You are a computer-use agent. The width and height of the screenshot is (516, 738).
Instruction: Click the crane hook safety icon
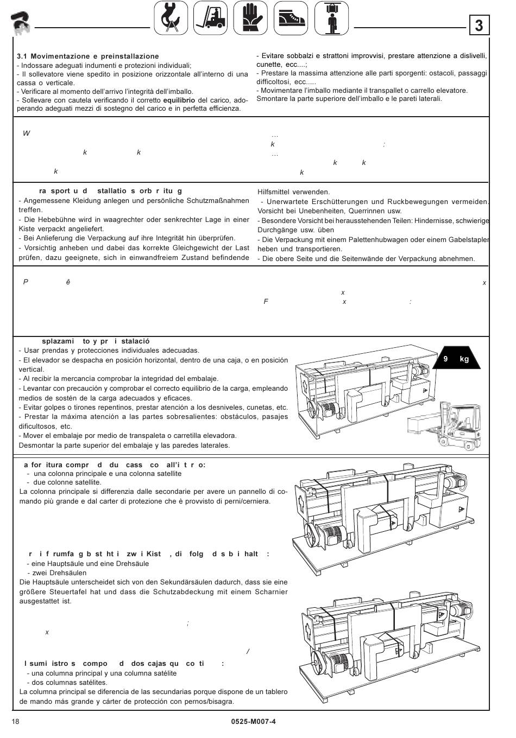coord(171,18)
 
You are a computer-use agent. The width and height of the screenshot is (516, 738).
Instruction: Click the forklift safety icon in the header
coord(211,18)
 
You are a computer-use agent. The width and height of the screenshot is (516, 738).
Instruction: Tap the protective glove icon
coord(250,18)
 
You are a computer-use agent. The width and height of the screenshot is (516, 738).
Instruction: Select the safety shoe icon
coord(290,18)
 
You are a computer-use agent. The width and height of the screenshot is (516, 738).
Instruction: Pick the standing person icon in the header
coord(331,18)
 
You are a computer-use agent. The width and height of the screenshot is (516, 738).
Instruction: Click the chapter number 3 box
coord(479,26)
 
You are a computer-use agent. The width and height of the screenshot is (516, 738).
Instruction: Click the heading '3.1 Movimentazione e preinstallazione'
coord(88,56)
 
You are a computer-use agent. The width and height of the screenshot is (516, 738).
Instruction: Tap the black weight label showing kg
coord(456,359)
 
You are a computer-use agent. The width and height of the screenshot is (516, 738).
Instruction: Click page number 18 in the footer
coord(15,721)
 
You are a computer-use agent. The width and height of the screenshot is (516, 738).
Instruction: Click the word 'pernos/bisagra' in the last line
coord(209,701)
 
